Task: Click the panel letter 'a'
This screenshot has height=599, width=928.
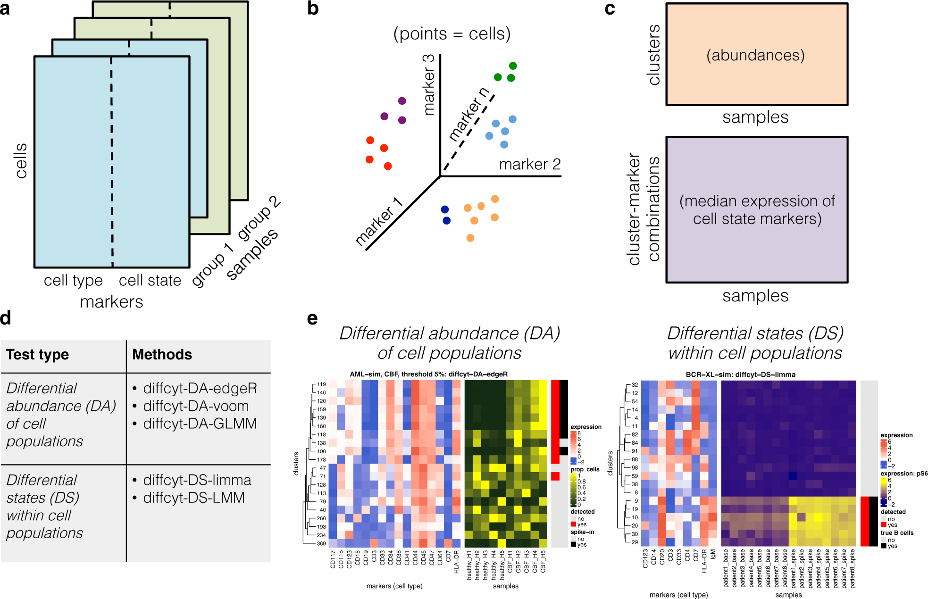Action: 5,8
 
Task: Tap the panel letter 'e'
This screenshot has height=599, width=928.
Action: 312,319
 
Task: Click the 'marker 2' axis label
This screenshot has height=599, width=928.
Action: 530,164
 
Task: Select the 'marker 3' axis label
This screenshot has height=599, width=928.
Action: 428,85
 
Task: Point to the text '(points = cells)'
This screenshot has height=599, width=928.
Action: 452,34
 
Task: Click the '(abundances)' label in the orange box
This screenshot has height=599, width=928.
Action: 755,55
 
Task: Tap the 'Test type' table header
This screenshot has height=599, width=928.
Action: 37,355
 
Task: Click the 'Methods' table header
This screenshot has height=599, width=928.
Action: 162,355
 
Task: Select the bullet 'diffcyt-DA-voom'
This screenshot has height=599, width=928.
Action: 196,406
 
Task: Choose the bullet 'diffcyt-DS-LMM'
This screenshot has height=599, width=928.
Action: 194,498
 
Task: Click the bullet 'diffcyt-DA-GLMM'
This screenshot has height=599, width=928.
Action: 200,424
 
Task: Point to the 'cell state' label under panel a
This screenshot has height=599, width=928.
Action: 150,281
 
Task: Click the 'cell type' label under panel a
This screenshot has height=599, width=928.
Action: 73,281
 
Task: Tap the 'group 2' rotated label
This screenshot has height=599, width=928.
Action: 259,217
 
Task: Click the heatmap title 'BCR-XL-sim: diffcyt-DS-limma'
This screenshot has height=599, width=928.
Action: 740,374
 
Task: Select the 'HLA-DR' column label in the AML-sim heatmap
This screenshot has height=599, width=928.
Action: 456,562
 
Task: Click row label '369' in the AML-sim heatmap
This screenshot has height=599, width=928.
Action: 321,544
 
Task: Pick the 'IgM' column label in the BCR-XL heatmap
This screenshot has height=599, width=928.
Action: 712,554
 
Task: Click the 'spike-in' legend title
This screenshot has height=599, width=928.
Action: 582,532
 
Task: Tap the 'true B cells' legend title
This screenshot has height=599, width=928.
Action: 897,533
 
